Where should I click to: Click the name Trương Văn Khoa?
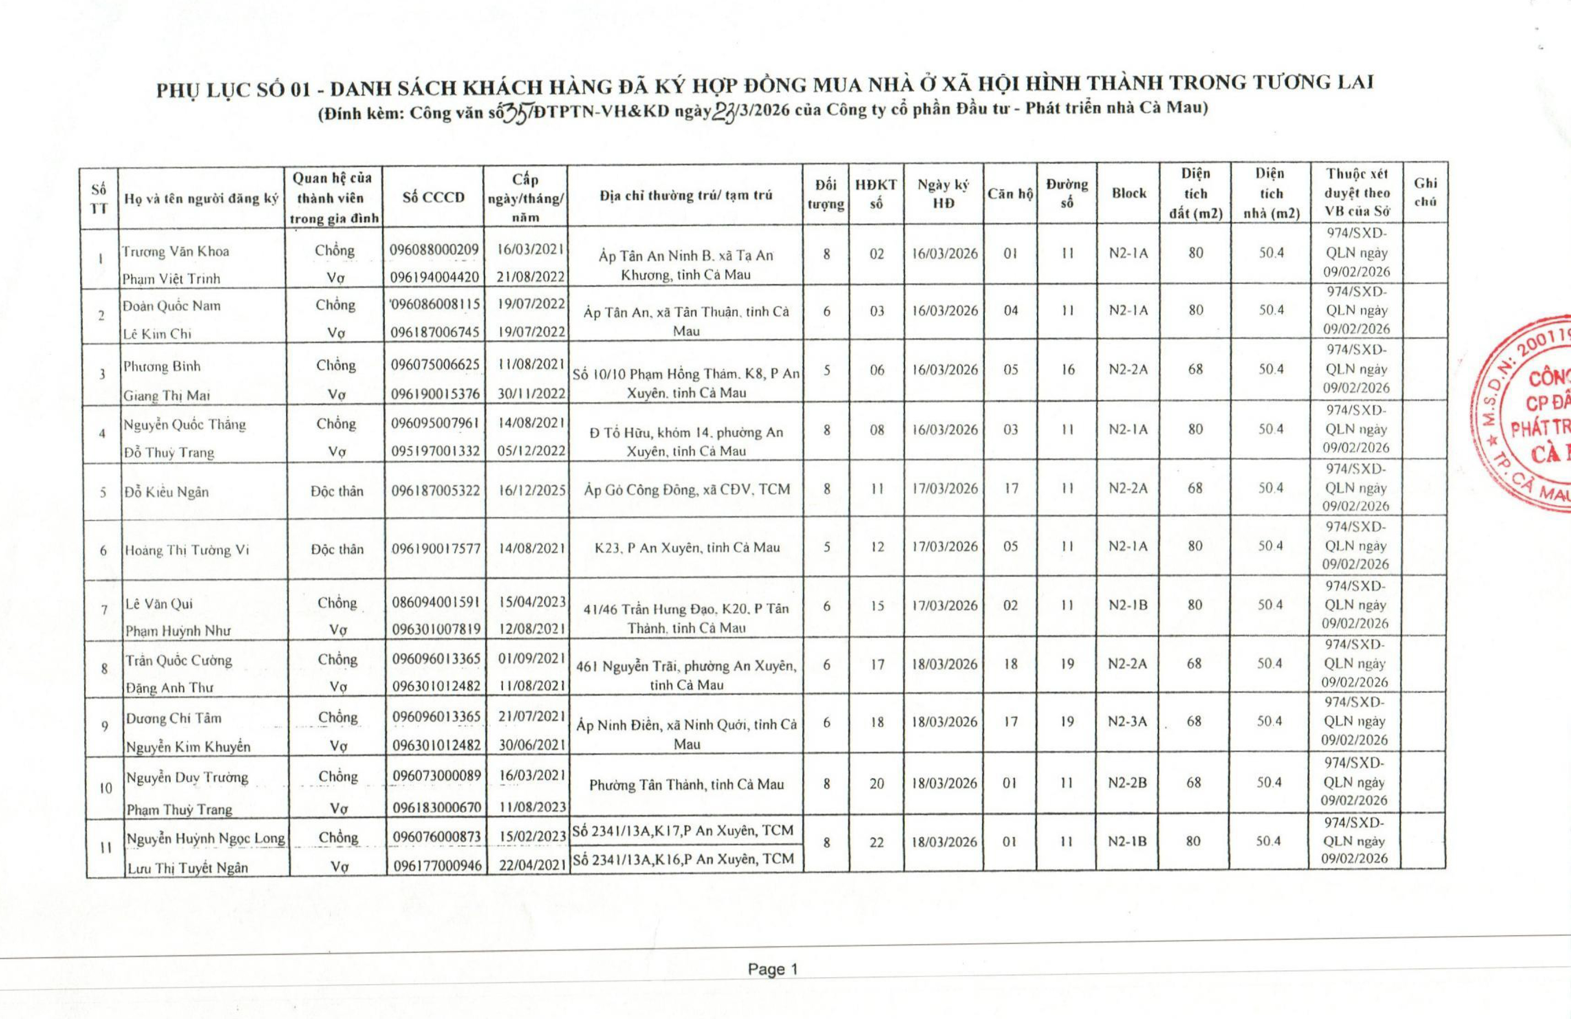[176, 251]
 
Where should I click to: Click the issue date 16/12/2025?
[531, 490]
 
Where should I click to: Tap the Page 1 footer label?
[772, 970]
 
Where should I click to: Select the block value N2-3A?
[1128, 722]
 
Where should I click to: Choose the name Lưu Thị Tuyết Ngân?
[188, 868]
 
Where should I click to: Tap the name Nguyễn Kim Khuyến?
[189, 747]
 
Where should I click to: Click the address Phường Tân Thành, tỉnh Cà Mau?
[686, 785]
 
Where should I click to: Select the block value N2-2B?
[1128, 783]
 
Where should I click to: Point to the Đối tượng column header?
[826, 195]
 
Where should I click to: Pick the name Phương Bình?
[162, 366]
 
